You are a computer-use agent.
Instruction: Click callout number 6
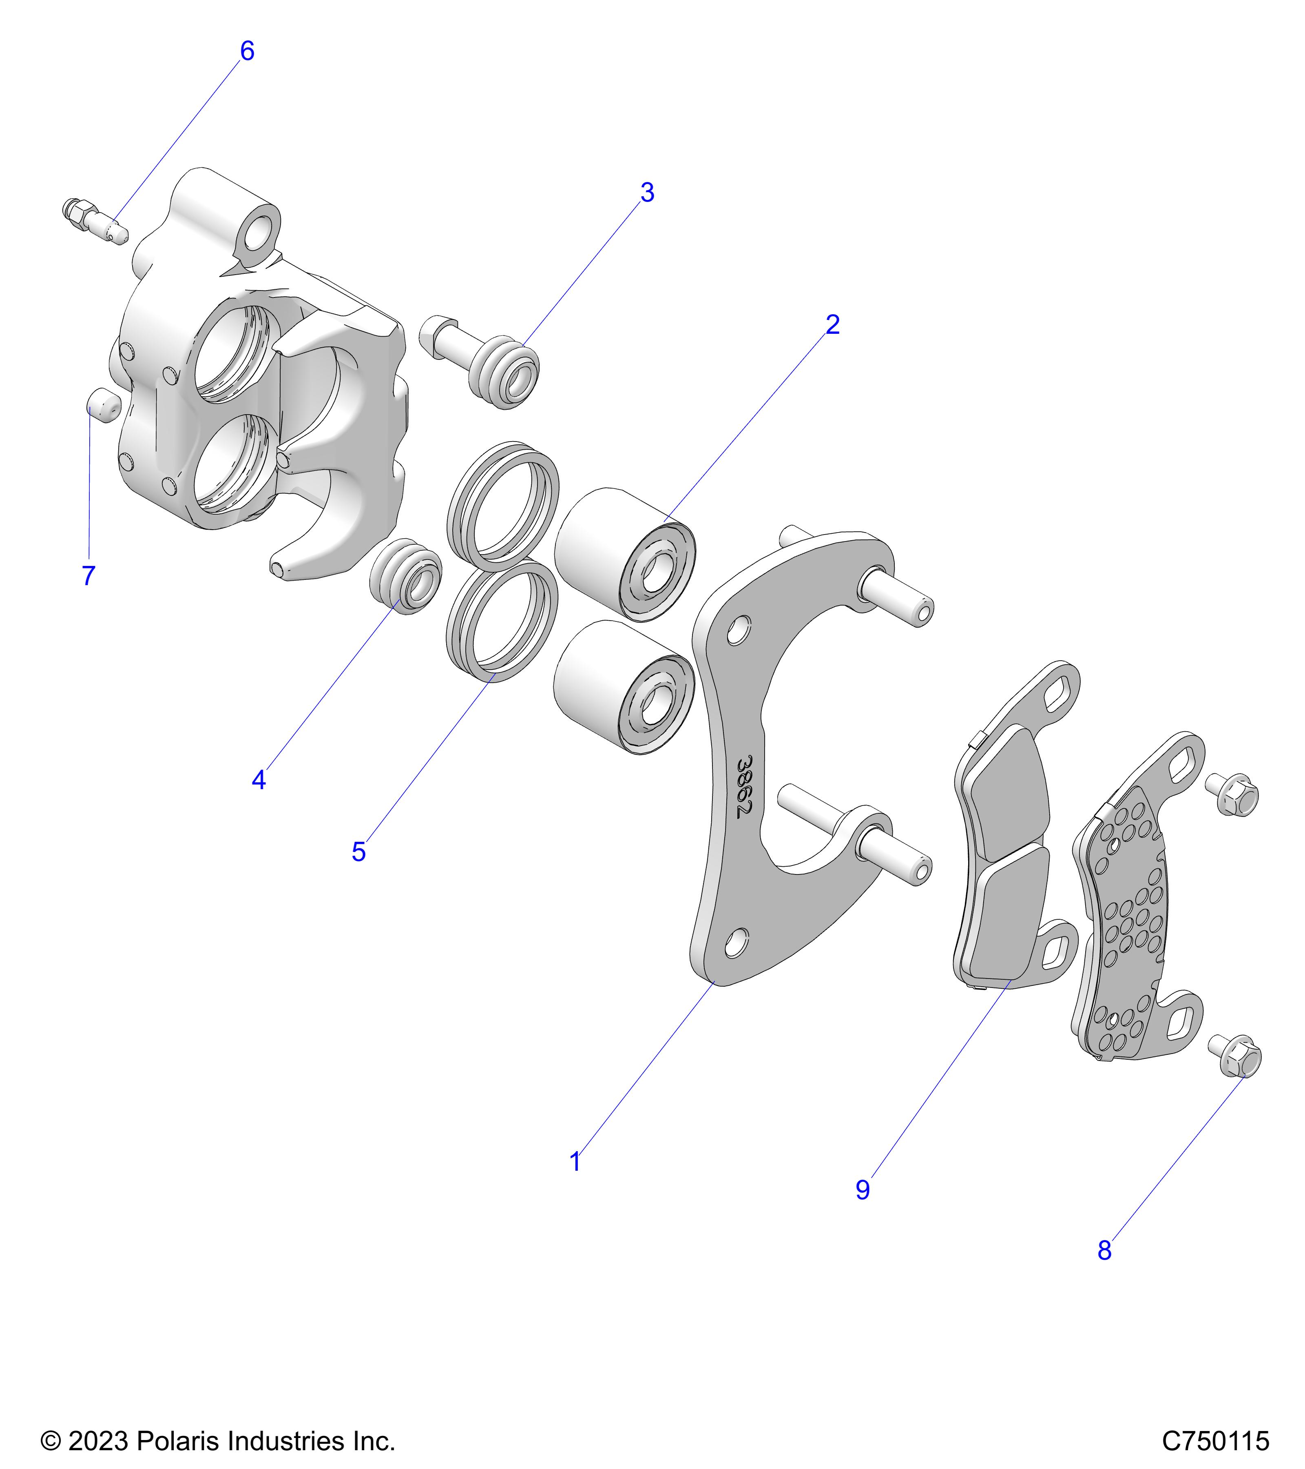tap(246, 51)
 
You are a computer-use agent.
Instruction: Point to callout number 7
tap(88, 576)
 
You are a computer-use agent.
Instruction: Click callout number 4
tap(259, 780)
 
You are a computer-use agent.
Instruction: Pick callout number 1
tap(575, 1161)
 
